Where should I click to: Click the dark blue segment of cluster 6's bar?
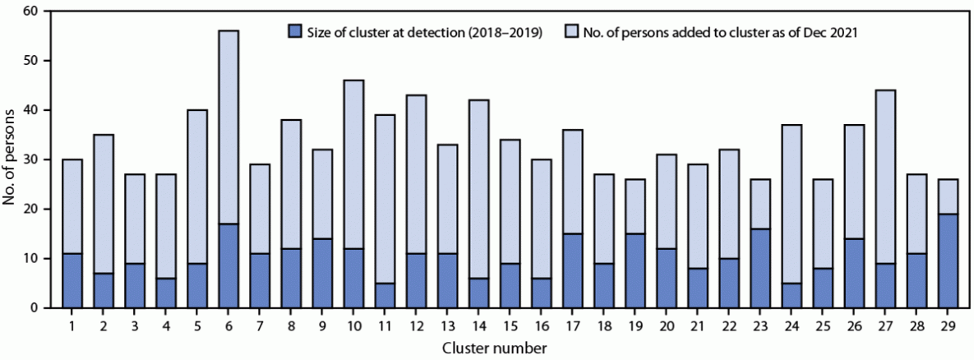pyautogui.click(x=228, y=265)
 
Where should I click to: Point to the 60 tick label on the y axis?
pyautogui.click(x=30, y=12)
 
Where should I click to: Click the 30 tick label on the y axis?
pyautogui.click(x=30, y=159)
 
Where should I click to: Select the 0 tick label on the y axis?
pyautogui.click(x=34, y=308)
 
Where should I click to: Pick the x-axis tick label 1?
pyautogui.click(x=72, y=326)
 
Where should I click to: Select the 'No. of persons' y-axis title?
pyautogui.click(x=11, y=159)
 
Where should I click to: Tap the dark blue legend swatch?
pyautogui.click(x=295, y=32)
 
